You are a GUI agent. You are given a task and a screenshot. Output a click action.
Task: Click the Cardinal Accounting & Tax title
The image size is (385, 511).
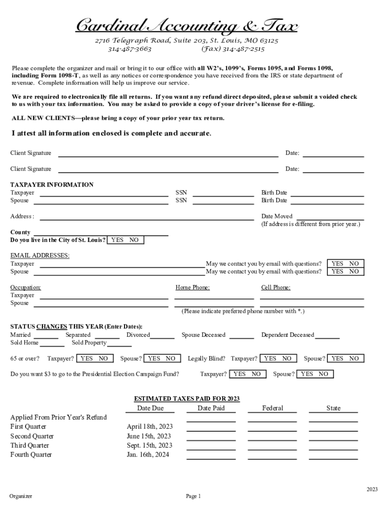186,25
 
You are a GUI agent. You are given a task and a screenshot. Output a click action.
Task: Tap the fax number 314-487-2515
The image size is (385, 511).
233,49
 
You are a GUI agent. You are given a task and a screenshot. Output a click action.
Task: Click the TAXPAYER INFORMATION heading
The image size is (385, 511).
52,185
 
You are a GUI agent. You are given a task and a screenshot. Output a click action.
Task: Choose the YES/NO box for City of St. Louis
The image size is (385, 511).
125,240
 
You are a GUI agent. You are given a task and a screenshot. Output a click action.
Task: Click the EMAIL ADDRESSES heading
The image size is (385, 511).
40,255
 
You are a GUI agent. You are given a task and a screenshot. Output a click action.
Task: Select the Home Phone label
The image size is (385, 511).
192,287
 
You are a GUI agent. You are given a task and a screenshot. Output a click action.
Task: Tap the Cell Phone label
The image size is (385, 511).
275,287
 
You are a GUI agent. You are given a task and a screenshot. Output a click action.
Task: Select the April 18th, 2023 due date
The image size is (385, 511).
149,427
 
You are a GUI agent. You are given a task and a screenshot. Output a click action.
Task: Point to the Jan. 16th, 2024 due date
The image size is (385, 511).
148,455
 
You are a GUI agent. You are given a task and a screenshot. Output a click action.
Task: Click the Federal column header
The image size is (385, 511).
272,408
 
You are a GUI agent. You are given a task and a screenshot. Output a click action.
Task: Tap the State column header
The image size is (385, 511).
333,408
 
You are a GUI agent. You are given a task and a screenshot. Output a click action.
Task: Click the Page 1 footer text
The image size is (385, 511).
193,496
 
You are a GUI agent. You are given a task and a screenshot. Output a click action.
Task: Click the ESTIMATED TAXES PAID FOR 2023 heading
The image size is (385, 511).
187,399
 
